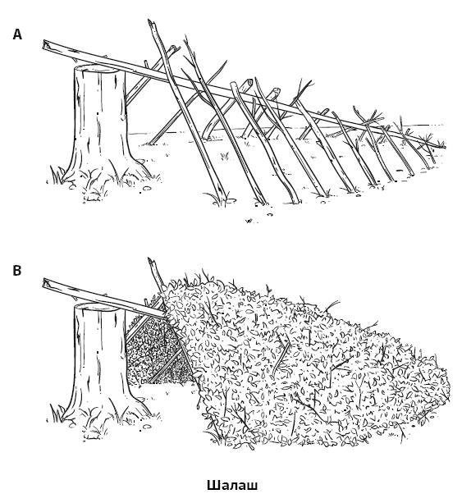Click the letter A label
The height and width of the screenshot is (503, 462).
[x=17, y=34]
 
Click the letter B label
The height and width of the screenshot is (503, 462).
[x=17, y=271]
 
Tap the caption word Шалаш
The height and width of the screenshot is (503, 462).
[x=232, y=485]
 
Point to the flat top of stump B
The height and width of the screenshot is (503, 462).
[x=96, y=307]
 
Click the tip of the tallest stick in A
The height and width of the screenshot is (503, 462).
[x=149, y=21]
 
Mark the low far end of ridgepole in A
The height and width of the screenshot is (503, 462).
[x=444, y=147]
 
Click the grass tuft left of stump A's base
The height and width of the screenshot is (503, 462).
[x=57, y=175]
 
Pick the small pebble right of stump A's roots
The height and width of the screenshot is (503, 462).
[x=147, y=188]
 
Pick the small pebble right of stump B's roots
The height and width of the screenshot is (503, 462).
[x=147, y=427]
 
